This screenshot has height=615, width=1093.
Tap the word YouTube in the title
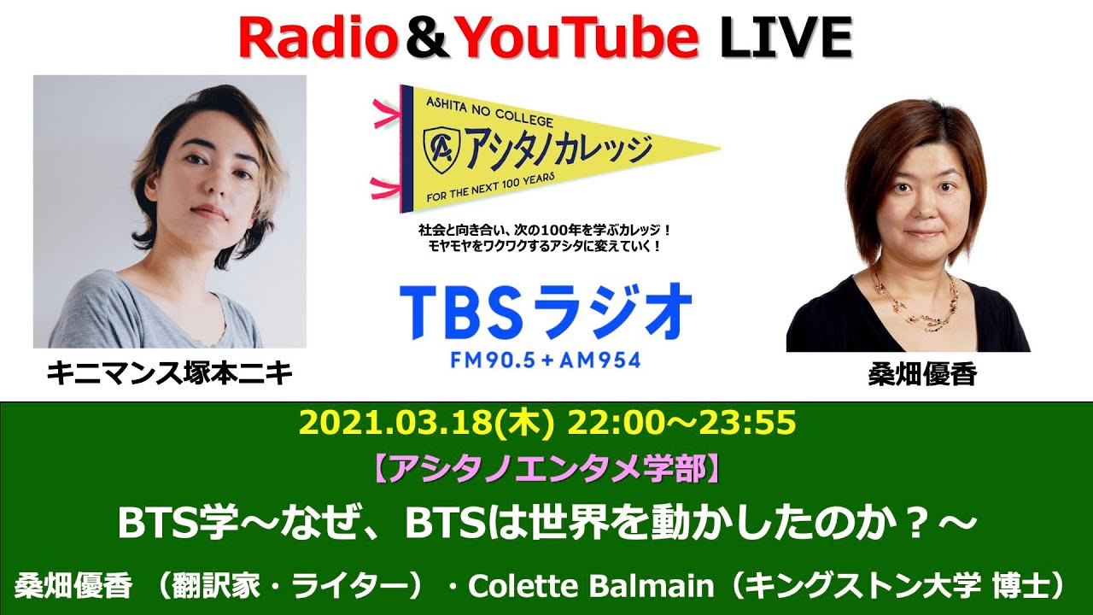tap(578, 38)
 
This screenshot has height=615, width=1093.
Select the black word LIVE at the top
tap(786, 38)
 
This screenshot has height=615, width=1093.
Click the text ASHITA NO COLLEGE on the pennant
tap(489, 111)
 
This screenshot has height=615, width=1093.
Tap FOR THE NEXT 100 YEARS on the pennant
tap(490, 188)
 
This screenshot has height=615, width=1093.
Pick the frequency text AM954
tap(600, 360)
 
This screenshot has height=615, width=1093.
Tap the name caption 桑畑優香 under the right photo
tap(922, 375)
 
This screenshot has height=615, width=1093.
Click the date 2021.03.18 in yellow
tap(398, 423)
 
